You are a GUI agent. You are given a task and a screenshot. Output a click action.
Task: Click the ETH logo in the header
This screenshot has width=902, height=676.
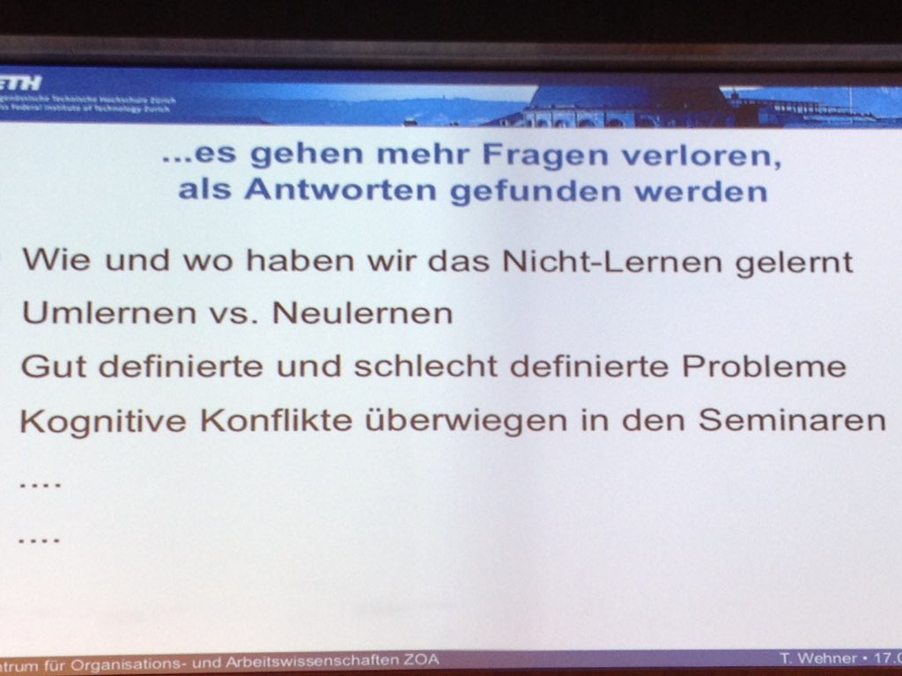[x=21, y=84]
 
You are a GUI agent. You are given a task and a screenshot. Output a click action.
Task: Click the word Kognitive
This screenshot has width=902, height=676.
[x=100, y=421]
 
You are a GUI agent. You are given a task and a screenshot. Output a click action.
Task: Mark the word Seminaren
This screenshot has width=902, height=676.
[x=793, y=420]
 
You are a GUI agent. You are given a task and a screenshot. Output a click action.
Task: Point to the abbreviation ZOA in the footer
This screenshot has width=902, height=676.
[x=419, y=659]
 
